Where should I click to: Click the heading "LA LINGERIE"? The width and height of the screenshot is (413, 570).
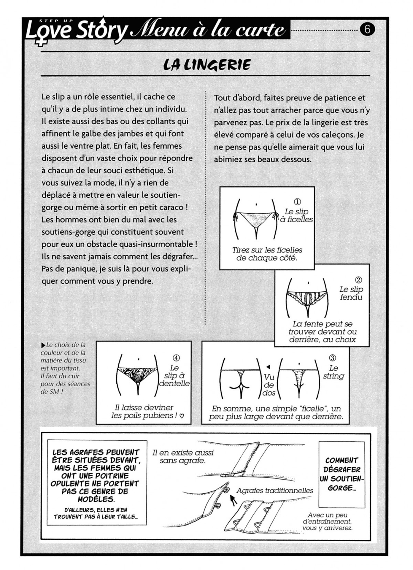tap(207, 64)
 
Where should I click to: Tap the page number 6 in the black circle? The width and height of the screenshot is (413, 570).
tap(367, 30)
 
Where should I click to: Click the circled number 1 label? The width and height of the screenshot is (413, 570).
tap(297, 202)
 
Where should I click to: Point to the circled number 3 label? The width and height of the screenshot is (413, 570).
tap(333, 358)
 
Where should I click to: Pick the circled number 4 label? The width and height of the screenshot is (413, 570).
tap(176, 358)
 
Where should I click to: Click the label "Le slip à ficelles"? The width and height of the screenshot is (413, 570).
tap(296, 215)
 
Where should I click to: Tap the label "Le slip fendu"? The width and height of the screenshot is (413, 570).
tap(351, 293)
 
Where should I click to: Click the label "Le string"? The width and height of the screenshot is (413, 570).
tap(333, 372)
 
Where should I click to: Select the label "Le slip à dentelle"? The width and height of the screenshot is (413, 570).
tap(175, 376)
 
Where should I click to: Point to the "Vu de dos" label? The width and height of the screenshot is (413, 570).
tap(269, 385)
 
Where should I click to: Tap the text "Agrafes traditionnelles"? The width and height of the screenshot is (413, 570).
tap(275, 491)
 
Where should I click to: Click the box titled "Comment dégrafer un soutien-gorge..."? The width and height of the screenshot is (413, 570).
tap(342, 474)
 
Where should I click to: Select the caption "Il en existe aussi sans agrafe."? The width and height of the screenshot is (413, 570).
tap(183, 456)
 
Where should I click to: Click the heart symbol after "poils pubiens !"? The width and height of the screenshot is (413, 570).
tap(182, 416)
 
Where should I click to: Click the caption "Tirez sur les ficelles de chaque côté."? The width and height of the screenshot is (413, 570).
tap(267, 254)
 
